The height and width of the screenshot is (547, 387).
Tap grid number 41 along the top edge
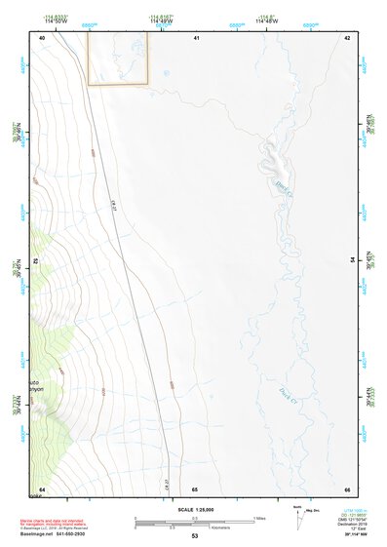click(196, 37)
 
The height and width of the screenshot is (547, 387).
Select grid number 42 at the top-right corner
click(347, 37)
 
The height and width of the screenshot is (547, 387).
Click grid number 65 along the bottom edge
click(195, 488)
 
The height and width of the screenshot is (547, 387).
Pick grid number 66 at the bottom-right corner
click(347, 488)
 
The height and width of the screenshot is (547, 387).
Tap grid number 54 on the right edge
click(352, 260)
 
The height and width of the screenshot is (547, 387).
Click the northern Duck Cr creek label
click(283, 187)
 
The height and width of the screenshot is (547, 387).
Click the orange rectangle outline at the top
click(118, 58)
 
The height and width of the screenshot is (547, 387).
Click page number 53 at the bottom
click(194, 536)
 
